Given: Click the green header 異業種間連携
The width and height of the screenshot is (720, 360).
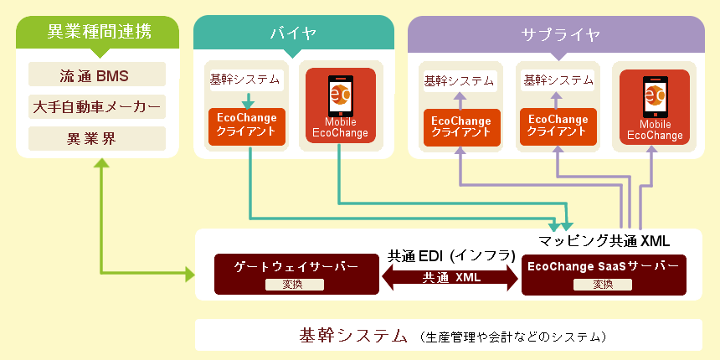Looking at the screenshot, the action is (98, 32).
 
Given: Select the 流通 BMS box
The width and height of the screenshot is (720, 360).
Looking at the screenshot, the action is (97, 75).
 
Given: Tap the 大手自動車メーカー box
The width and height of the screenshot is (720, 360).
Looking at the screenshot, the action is (97, 106).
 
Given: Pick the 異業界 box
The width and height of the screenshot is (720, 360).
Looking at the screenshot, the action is (97, 138).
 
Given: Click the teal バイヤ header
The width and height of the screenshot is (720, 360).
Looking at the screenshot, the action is (293, 32).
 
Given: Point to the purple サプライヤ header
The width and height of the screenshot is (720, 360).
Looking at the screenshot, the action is (556, 33).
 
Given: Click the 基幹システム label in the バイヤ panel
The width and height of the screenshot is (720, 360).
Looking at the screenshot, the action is (244, 79).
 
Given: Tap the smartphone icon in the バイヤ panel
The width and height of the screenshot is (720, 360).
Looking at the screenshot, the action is (340, 96).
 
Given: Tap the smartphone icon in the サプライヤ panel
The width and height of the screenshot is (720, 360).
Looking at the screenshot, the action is (656, 96).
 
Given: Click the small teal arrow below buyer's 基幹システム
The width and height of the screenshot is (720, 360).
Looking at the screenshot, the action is (249, 100).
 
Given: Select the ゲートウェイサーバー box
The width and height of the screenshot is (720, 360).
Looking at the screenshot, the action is (296, 274).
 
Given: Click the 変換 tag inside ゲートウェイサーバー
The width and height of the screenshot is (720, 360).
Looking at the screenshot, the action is (295, 285).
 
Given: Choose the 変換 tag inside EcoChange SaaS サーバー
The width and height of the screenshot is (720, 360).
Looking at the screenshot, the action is (603, 285).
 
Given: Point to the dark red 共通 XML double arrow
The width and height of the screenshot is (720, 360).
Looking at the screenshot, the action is (450, 277).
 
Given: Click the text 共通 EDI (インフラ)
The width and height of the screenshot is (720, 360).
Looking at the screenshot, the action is (451, 255).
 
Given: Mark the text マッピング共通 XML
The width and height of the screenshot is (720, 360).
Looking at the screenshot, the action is (604, 240).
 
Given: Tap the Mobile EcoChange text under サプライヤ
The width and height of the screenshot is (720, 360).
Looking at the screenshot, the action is (656, 130).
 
